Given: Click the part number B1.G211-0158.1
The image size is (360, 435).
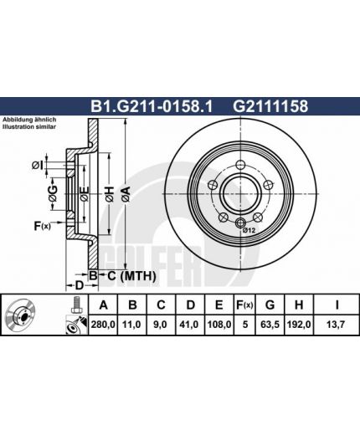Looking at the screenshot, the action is tap(152, 106).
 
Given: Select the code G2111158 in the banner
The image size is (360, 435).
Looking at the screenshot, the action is tap(270, 106).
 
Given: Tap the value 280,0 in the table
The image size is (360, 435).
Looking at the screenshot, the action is tap(103, 325).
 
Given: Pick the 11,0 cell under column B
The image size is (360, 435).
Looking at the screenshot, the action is tap(132, 325).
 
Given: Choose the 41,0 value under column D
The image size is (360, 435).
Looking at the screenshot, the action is tap(190, 325).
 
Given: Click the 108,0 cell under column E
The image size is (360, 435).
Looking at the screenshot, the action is tap(219, 325).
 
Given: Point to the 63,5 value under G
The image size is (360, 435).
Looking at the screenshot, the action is tap(270, 325).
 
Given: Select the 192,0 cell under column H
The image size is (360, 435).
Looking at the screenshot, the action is tap(299, 325).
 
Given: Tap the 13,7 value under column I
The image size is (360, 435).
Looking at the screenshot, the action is tap(336, 325).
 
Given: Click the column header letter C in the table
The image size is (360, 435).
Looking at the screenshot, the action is tap(161, 305).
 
